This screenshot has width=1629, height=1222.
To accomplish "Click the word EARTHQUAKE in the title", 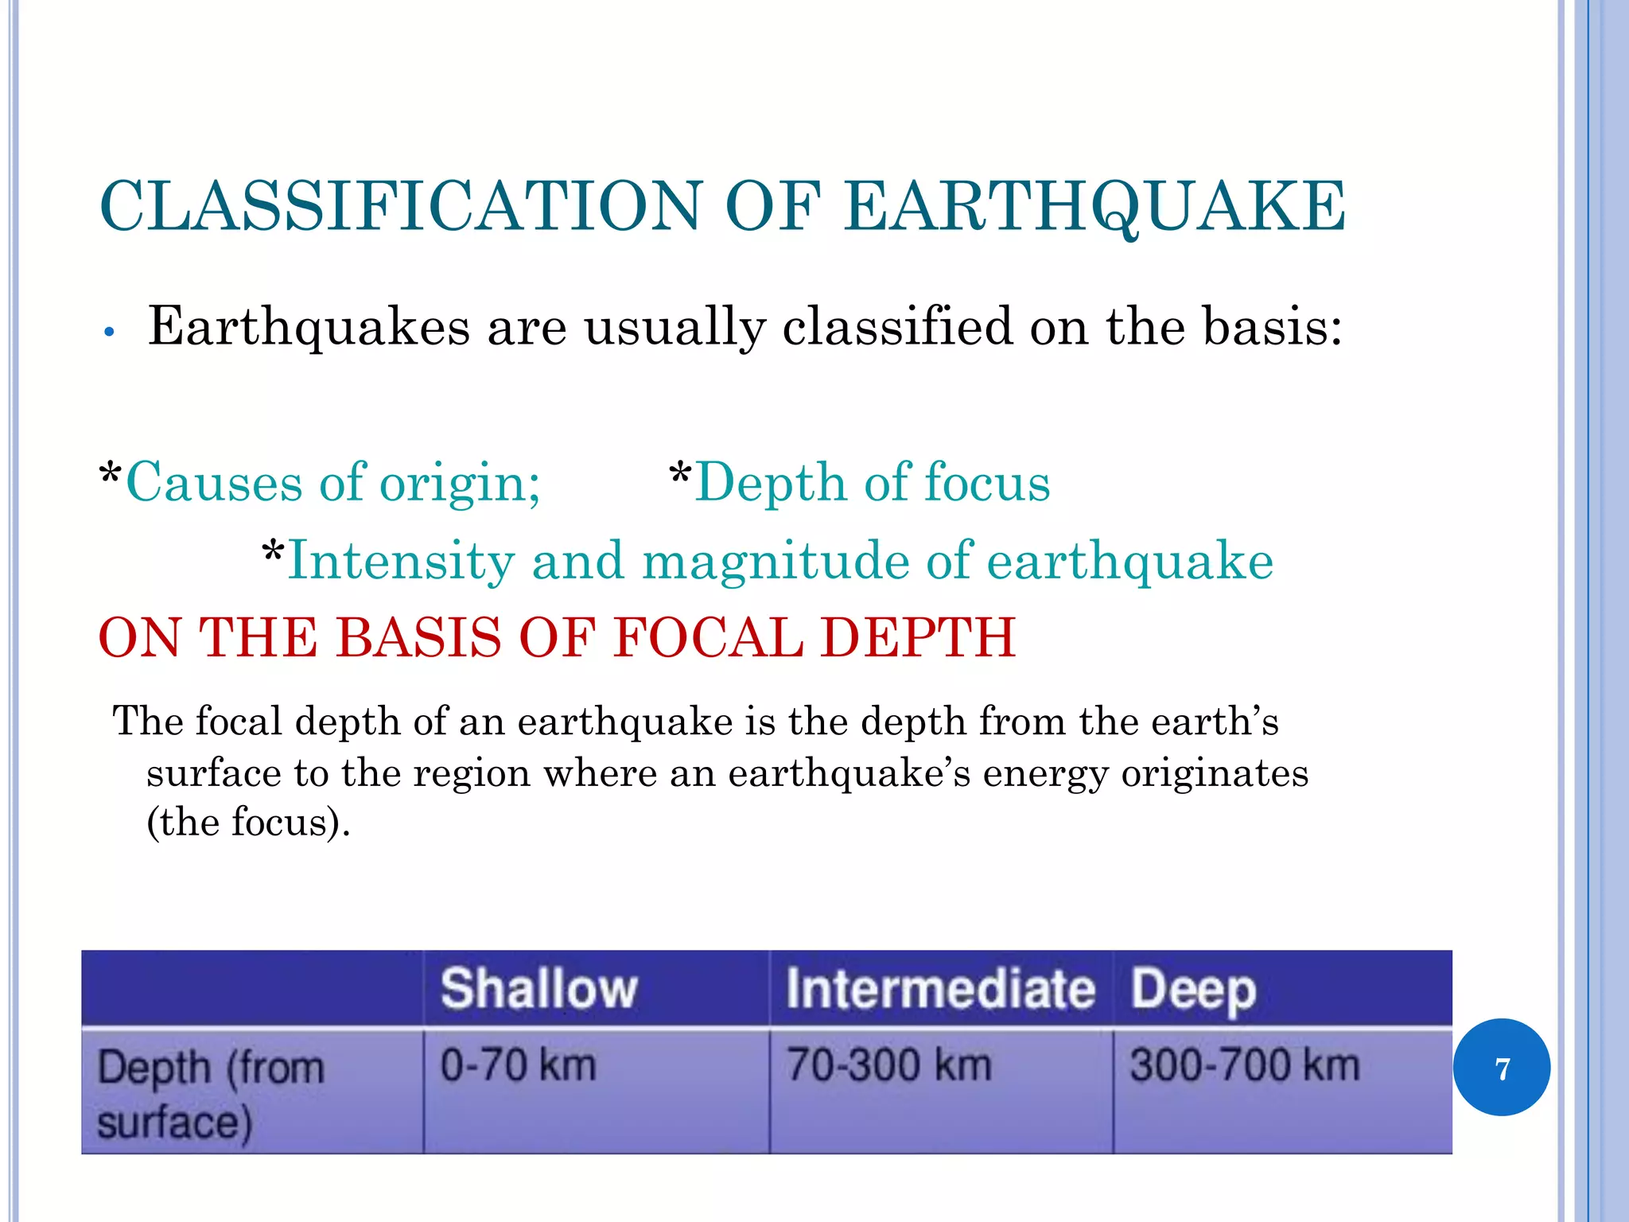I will click(x=1094, y=207).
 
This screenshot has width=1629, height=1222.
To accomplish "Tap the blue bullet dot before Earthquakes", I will click(x=111, y=333).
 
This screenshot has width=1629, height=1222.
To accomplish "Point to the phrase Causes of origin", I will click(x=332, y=483).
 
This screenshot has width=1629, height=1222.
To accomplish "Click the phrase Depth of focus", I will click(x=872, y=483).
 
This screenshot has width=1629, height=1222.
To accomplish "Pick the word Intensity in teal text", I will click(x=400, y=561).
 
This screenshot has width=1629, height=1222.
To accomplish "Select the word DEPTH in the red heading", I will click(x=919, y=638).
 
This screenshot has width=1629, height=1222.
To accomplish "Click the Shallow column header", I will click(x=539, y=989).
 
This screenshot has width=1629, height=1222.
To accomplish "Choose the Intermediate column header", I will click(x=940, y=989).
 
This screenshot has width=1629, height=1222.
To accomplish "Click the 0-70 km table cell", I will click(x=518, y=1065).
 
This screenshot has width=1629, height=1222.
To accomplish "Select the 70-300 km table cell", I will click(x=889, y=1065).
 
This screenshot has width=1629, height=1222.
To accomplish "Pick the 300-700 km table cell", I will click(x=1245, y=1065).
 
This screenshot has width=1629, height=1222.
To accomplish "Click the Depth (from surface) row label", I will click(x=211, y=1094).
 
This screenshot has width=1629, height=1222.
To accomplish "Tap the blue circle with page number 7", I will click(x=1501, y=1068).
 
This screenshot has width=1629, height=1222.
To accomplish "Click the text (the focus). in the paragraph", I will click(x=248, y=823).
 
